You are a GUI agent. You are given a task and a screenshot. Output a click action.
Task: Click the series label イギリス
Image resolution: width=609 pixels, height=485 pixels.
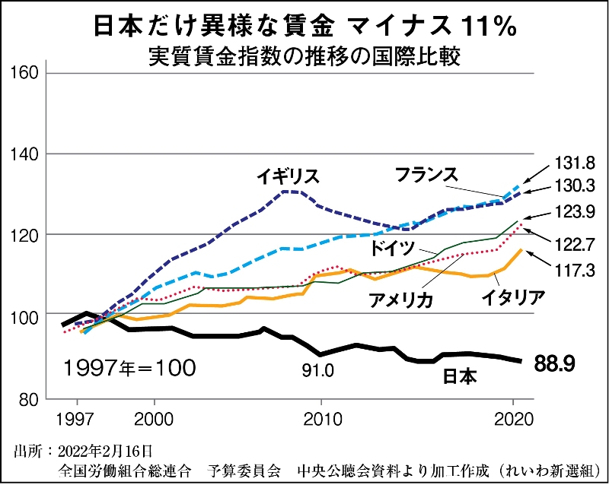(287, 176)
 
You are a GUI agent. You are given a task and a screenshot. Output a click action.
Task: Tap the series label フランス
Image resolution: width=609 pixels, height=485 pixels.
(426, 174)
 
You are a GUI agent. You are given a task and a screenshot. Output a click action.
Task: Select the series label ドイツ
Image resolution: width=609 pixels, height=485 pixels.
(393, 247)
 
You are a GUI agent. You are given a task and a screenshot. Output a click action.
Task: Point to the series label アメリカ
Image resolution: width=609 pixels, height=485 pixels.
(400, 300)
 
